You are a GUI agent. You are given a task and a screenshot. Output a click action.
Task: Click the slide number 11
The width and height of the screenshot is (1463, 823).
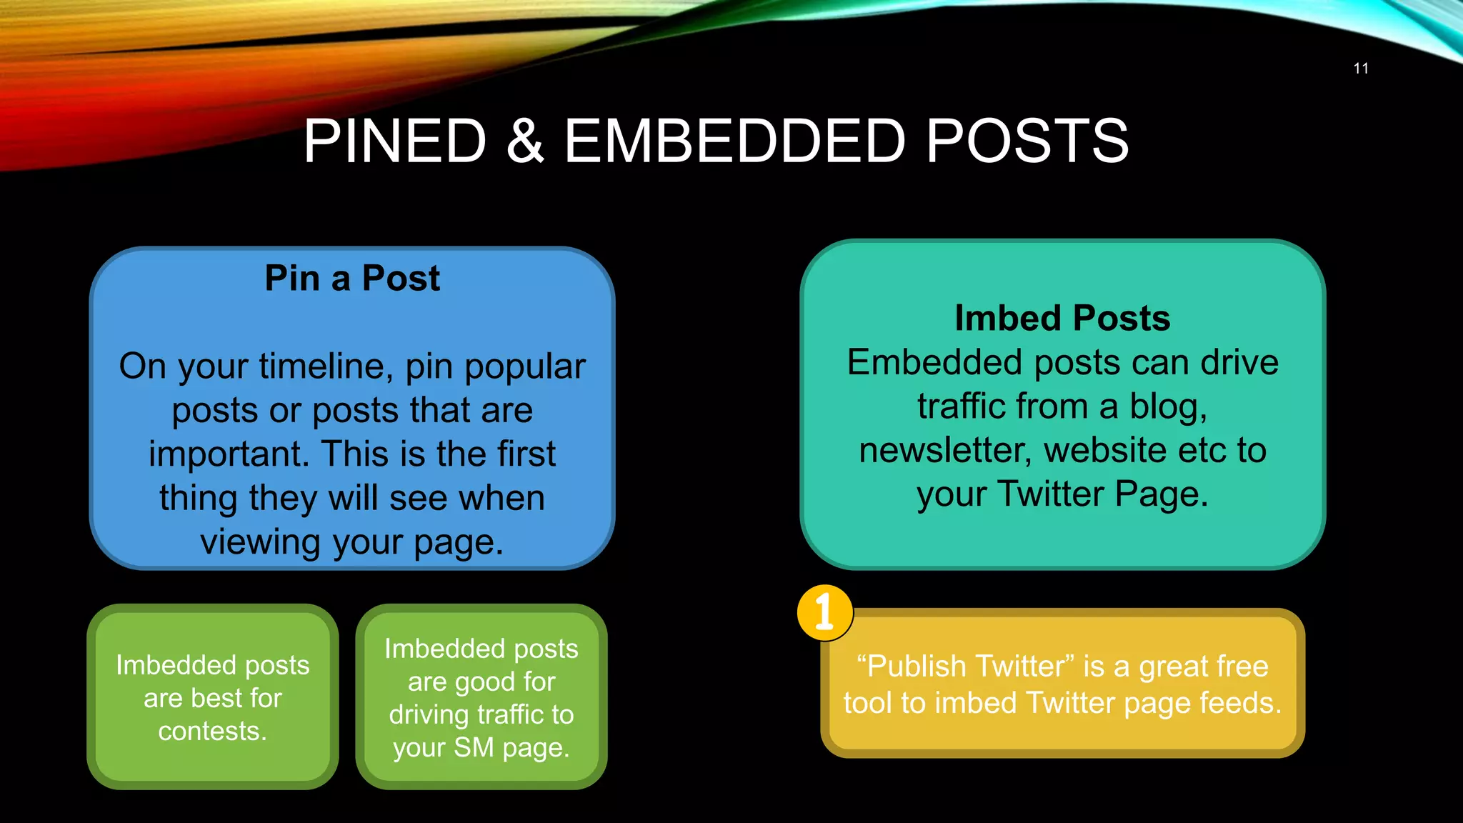click(1360, 69)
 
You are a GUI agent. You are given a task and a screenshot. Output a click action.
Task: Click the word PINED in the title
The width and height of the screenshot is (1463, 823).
click(395, 141)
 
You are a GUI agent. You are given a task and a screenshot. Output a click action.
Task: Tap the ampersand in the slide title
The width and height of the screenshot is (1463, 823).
click(525, 141)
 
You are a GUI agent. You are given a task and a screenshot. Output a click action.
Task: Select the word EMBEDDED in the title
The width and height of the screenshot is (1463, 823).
click(735, 141)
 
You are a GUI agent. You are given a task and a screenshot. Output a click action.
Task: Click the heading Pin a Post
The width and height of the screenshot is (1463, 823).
click(352, 278)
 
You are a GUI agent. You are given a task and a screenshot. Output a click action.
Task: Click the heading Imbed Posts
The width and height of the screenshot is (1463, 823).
click(1062, 318)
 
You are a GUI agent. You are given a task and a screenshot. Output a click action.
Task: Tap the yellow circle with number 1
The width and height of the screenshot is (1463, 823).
click(824, 612)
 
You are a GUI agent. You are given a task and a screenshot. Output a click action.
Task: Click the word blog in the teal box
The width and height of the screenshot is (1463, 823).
click(1167, 407)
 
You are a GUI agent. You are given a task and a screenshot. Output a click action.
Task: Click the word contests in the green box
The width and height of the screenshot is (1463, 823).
click(212, 732)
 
